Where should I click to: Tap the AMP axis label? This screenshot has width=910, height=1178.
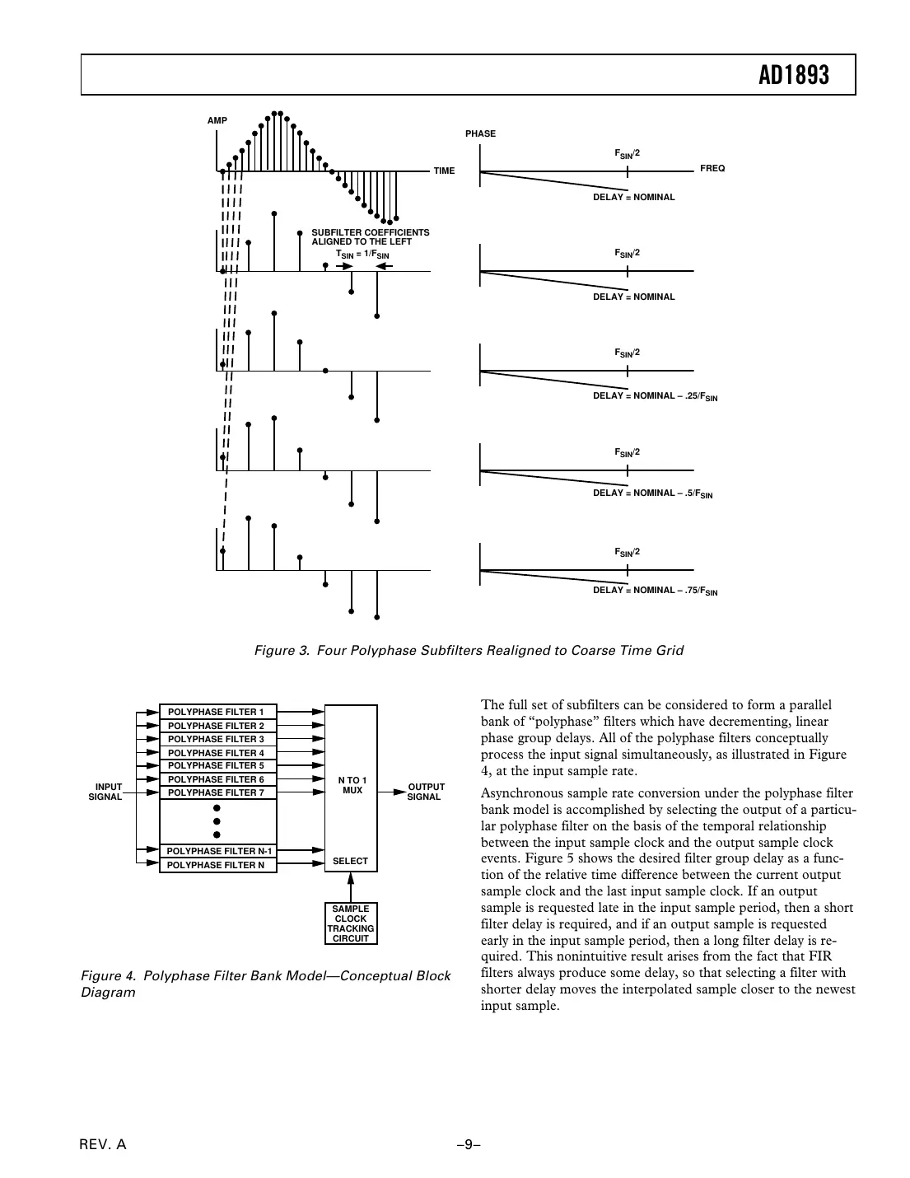[x=217, y=121]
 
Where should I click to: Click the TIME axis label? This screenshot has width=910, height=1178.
[x=444, y=171]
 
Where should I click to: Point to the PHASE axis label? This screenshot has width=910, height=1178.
[x=480, y=133]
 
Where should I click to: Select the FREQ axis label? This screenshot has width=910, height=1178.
[x=712, y=168]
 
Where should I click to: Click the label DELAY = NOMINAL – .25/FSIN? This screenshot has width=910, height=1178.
[x=655, y=396]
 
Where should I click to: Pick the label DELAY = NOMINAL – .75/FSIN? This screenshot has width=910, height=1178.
[x=655, y=591]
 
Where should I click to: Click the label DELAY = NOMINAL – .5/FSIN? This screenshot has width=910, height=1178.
[x=652, y=493]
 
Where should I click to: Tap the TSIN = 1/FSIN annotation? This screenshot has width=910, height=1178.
[x=362, y=255]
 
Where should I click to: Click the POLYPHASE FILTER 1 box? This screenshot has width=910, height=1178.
[x=217, y=712]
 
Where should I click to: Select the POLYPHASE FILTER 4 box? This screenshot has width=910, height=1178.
[x=217, y=753]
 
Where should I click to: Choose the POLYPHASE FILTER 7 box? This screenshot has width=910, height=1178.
[x=217, y=792]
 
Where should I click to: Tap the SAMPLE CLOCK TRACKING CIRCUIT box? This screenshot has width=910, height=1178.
[x=351, y=923]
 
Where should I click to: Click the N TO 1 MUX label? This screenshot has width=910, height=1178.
[x=352, y=785]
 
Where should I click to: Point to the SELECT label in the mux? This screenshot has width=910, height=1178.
[x=350, y=861]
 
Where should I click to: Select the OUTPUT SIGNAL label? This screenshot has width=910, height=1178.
[x=425, y=792]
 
